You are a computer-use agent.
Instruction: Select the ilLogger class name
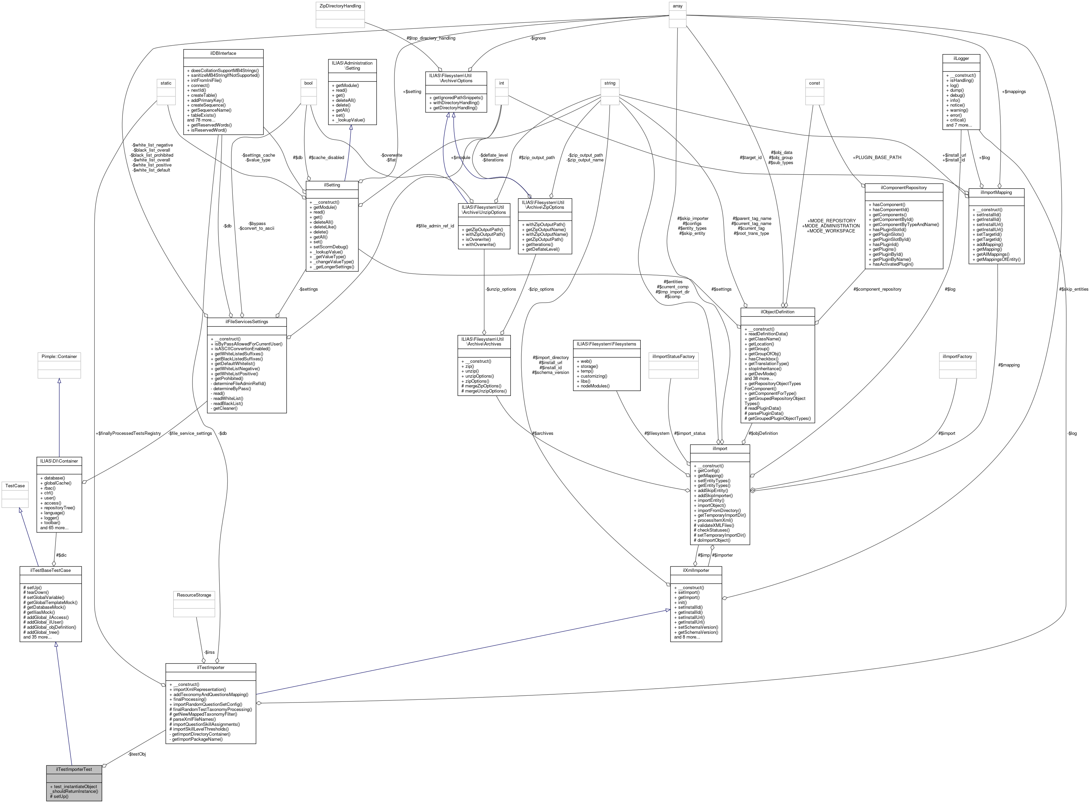point(961,58)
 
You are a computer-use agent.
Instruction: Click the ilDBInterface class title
point(223,53)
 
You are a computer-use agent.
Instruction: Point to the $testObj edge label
point(137,754)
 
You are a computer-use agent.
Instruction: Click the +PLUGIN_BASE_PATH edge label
point(877,157)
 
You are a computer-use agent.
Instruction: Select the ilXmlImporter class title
point(696,570)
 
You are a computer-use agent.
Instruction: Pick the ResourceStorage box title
point(194,595)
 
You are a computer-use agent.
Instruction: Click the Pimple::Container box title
point(59,356)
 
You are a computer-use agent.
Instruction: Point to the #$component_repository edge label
point(877,289)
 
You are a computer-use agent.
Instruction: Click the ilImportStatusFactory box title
point(673,356)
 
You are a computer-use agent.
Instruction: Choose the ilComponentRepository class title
point(904,187)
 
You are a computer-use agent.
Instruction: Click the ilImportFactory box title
point(957,356)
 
